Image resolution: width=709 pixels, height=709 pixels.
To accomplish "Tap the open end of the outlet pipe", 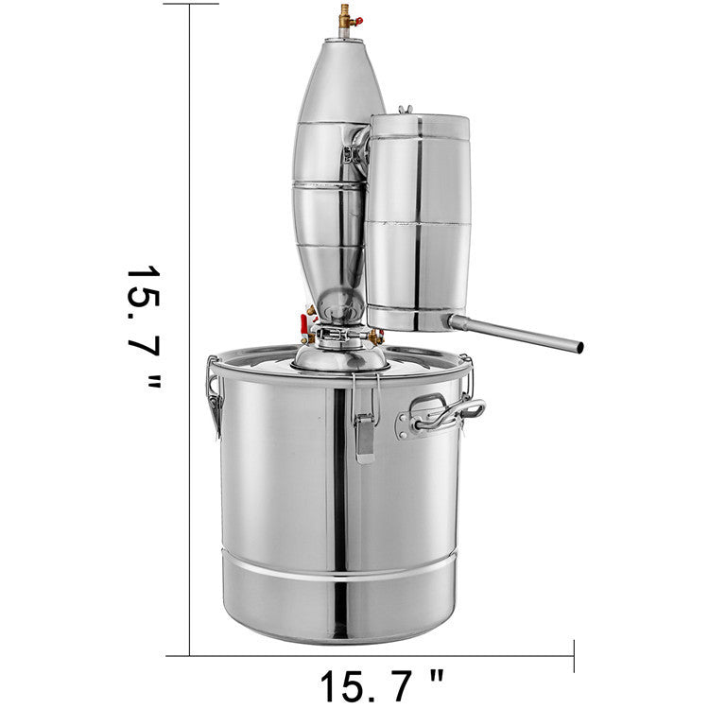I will pyautogui.click(x=578, y=347).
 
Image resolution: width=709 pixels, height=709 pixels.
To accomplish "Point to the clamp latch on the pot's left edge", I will pyautogui.click(x=215, y=397).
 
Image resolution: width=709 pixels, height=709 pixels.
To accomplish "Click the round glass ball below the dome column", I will pyautogui.click(x=337, y=306).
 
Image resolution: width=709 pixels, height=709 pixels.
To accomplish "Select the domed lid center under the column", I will pyautogui.click(x=340, y=356).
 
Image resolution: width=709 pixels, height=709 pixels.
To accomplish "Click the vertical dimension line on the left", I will pyautogui.click(x=190, y=284).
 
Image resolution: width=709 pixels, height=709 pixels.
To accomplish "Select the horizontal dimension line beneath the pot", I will pyautogui.click(x=378, y=655).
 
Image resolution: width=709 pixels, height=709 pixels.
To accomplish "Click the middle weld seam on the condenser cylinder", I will pyautogui.click(x=418, y=224).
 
